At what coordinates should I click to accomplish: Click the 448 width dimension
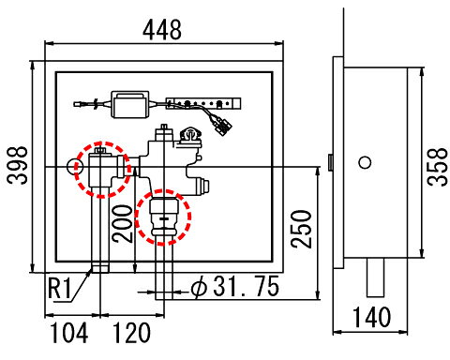click(x=162, y=30)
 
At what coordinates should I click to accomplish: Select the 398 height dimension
click(x=18, y=165)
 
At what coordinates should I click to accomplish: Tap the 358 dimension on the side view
click(x=438, y=167)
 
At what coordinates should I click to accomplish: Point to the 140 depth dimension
click(x=371, y=318)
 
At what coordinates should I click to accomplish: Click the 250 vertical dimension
click(x=302, y=229)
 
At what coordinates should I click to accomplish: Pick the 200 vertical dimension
click(x=123, y=224)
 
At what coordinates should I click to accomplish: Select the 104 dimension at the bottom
click(x=69, y=333)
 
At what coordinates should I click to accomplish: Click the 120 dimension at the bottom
click(x=131, y=333)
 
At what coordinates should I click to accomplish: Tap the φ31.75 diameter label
click(x=235, y=286)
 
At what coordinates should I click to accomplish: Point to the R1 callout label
click(x=60, y=288)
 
